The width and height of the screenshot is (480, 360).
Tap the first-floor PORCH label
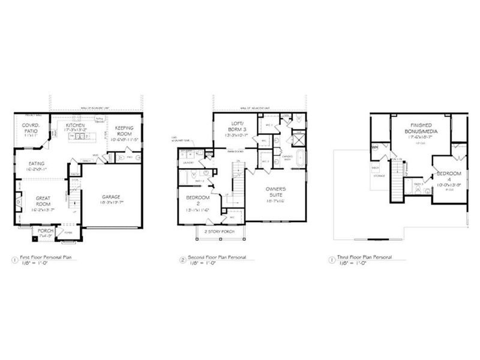coord(46,230)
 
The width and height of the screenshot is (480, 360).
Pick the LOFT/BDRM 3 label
coord(236,127)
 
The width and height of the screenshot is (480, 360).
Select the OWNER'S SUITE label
coord(279,193)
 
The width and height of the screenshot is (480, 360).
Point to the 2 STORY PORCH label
coord(218,231)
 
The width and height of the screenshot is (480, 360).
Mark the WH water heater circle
coord(375,148)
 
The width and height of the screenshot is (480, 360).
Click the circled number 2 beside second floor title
coord(182,260)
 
